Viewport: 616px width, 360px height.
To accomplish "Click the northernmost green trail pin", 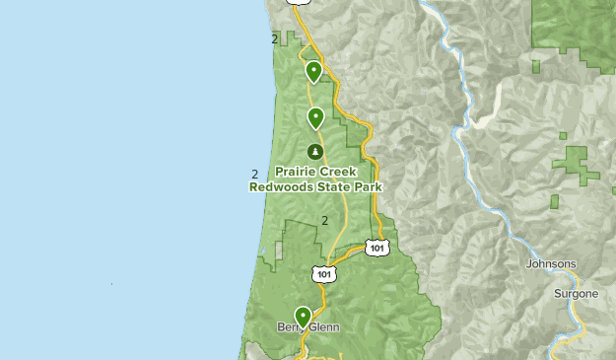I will (313, 70).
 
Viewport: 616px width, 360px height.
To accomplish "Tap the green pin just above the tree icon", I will (315, 118).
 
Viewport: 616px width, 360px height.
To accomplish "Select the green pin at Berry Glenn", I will (303, 317).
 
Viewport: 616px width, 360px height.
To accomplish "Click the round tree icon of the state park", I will (315, 151).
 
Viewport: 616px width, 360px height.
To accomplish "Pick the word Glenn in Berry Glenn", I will (322, 327).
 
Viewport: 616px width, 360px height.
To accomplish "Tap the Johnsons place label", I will (551, 264).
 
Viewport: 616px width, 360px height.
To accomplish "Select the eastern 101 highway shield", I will (376, 248).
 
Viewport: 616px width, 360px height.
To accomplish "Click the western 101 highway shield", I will (325, 270).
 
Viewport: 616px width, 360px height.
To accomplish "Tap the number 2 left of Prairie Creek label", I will (255, 176).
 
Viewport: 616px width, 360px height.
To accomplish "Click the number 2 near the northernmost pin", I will (274, 39).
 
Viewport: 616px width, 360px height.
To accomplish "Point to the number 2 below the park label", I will (324, 220).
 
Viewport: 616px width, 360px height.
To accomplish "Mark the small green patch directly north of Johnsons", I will (554, 202).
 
